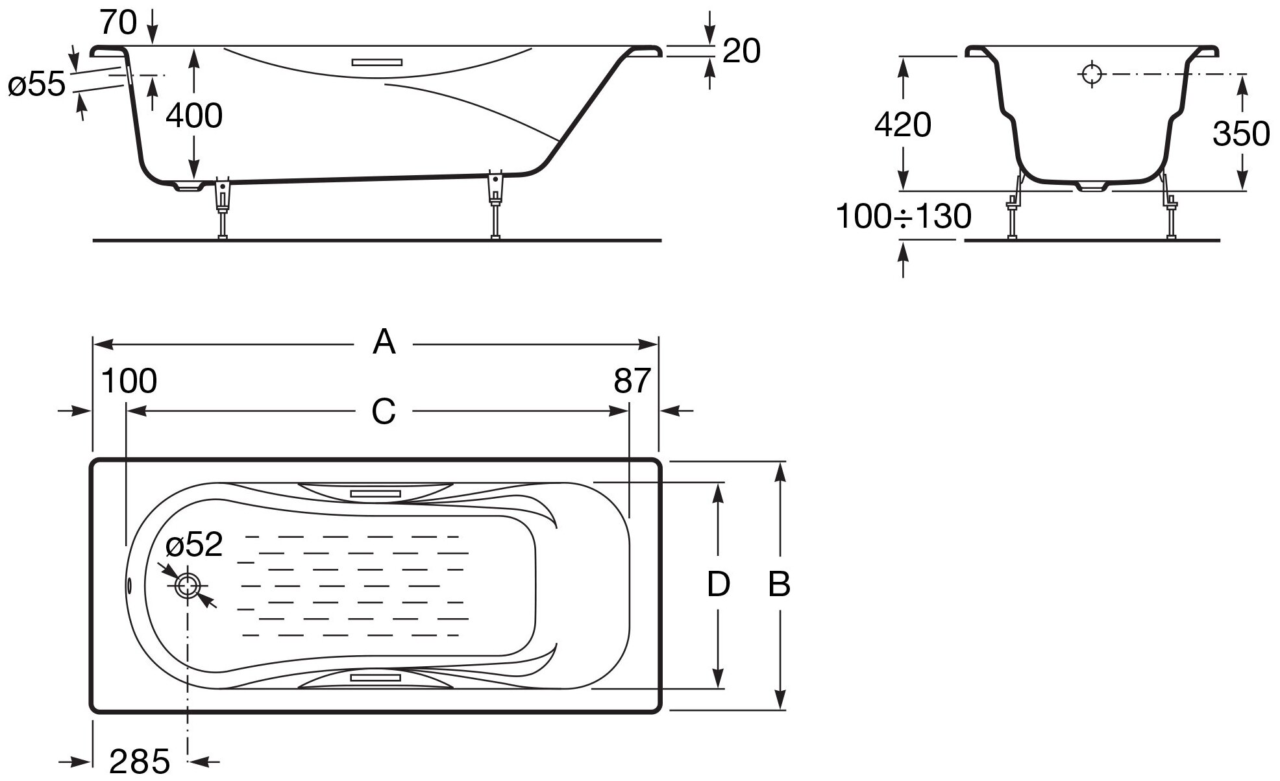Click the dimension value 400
pyautogui.click(x=194, y=116)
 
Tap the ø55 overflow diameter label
pyautogui.click(x=37, y=85)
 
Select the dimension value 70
pyautogui.click(x=119, y=23)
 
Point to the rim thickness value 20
pyautogui.click(x=741, y=51)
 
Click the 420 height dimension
pyautogui.click(x=902, y=125)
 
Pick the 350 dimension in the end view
pyautogui.click(x=1240, y=134)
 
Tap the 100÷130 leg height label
pyautogui.click(x=903, y=217)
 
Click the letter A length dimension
pyautogui.click(x=384, y=342)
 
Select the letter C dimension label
pyautogui.click(x=383, y=411)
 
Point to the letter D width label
pyautogui.click(x=718, y=584)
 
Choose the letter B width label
pyautogui.click(x=779, y=584)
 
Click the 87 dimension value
pyautogui.click(x=632, y=381)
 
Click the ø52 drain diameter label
pyautogui.click(x=194, y=545)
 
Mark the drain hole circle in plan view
pyautogui.click(x=188, y=586)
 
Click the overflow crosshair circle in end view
pyautogui.click(x=1092, y=74)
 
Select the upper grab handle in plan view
pyautogui.click(x=375, y=494)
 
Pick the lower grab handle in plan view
pyautogui.click(x=375, y=677)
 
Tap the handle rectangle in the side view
pyautogui.click(x=377, y=63)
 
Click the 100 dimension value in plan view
pyautogui.click(x=129, y=381)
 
